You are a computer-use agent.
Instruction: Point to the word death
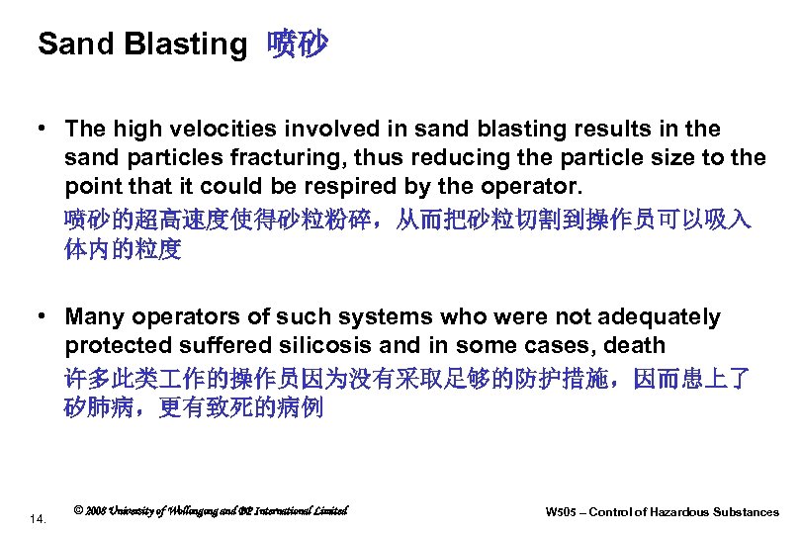tap(634, 346)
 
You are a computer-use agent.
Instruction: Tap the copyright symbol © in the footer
tap(78, 511)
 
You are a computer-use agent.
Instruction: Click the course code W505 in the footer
tap(563, 512)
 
